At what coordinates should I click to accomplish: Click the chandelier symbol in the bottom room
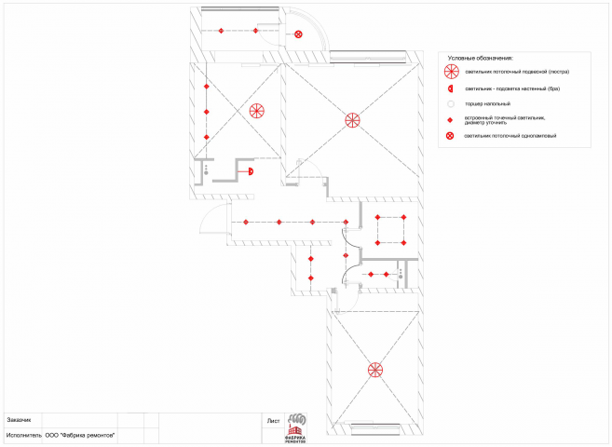coord(374,369)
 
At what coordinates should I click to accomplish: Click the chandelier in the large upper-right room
coord(352,119)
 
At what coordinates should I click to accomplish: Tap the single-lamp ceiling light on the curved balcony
coord(298,34)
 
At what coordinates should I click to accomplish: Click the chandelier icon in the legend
coord(451,72)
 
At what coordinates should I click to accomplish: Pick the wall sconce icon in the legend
coord(451,88)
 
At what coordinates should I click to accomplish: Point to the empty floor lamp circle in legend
coord(451,103)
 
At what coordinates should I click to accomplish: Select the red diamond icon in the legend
coord(451,120)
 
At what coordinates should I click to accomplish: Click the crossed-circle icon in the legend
coord(451,137)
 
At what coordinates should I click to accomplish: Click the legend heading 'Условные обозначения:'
coord(480,58)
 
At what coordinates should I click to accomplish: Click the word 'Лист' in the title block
coord(273,421)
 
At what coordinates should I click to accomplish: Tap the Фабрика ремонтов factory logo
coord(296,428)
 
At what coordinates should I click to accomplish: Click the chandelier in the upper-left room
coord(257,111)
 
